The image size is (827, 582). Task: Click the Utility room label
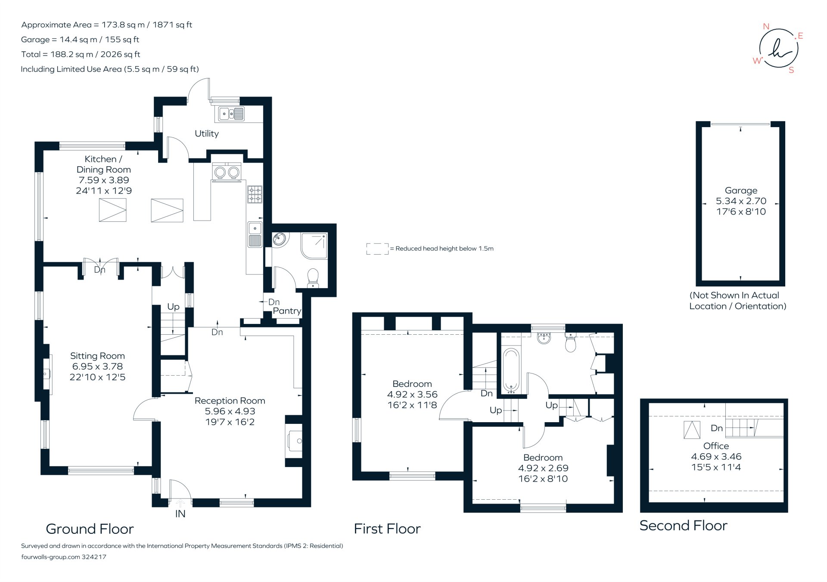click(x=206, y=134)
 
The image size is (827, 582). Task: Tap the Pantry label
click(x=287, y=311)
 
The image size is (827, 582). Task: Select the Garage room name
click(x=741, y=190)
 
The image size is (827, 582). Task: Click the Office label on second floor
click(x=716, y=446)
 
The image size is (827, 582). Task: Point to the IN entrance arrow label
click(x=180, y=514)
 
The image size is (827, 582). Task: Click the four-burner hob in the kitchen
click(x=255, y=194)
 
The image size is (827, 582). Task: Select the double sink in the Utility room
click(x=231, y=114)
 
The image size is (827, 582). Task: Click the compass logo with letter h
click(x=778, y=48)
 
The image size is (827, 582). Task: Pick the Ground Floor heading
click(x=90, y=529)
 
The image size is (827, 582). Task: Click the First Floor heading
click(x=387, y=529)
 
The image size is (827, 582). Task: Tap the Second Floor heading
click(x=683, y=526)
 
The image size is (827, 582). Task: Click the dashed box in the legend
click(x=377, y=249)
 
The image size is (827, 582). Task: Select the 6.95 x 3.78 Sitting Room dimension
click(x=97, y=367)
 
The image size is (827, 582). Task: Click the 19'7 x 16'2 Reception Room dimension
click(x=230, y=422)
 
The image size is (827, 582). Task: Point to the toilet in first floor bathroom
click(x=570, y=343)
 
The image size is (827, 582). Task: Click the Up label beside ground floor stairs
click(x=173, y=307)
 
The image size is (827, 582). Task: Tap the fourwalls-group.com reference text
click(x=64, y=557)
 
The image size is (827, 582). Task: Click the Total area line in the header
click(x=81, y=54)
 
